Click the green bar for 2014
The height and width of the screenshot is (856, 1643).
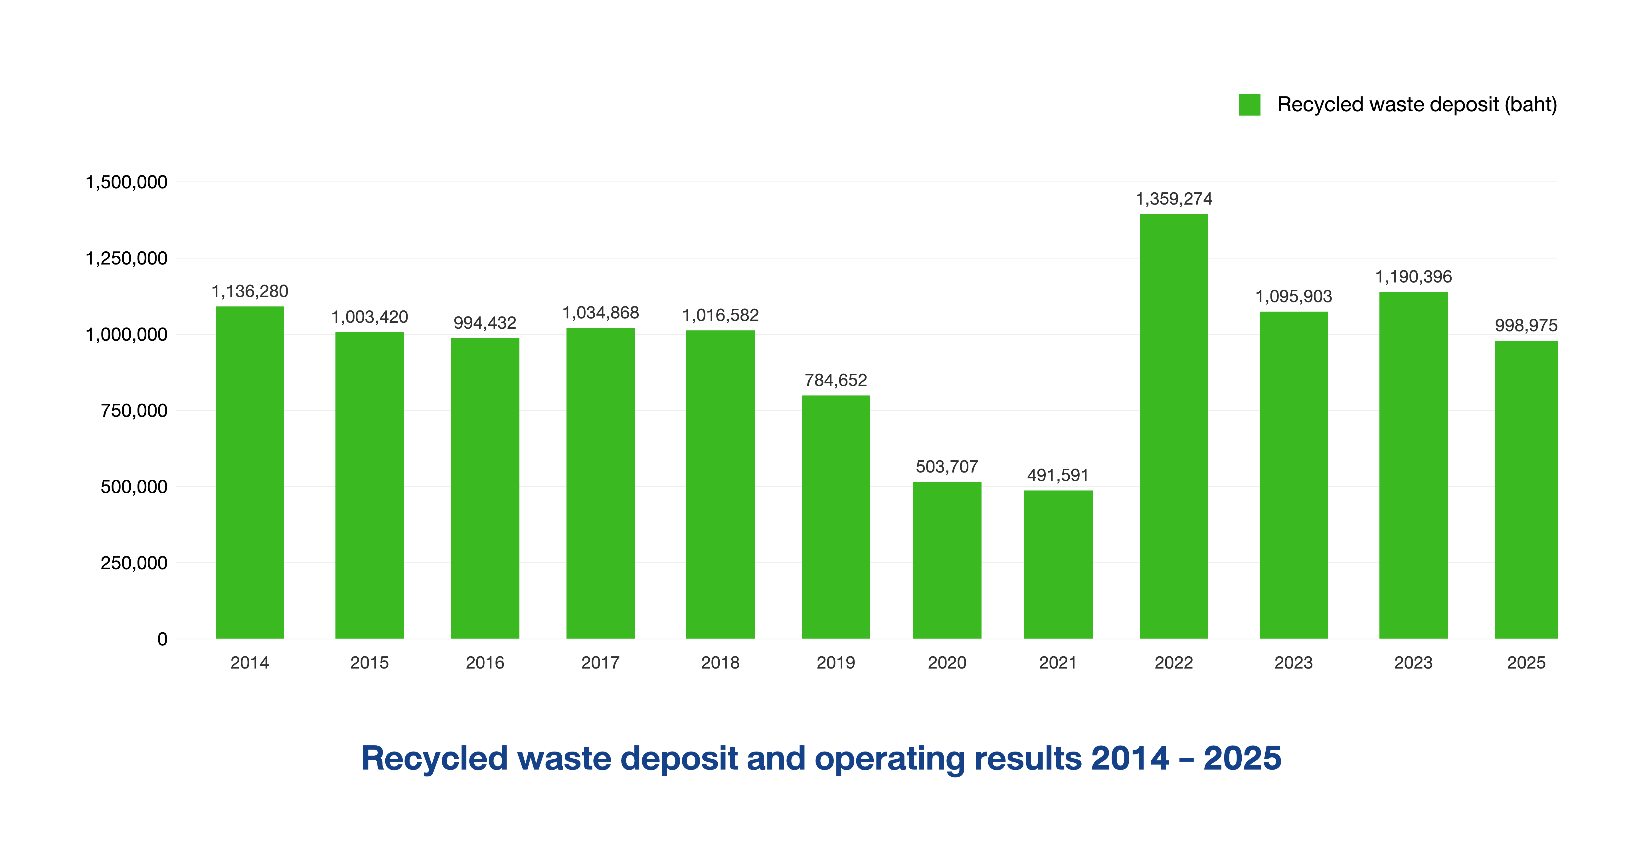pos(249,472)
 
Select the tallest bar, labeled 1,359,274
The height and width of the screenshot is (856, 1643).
pos(1173,426)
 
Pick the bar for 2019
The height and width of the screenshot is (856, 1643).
pos(835,517)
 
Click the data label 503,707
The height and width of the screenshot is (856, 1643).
pos(946,467)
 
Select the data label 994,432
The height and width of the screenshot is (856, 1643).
pos(485,323)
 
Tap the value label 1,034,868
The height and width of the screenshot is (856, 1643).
pos(600,313)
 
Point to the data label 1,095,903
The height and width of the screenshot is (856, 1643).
pos(1294,296)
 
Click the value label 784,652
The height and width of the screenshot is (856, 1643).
pos(835,381)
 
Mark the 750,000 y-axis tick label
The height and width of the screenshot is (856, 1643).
pos(134,411)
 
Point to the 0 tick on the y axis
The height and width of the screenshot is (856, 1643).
pos(162,639)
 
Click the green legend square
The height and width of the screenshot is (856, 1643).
pos(1249,105)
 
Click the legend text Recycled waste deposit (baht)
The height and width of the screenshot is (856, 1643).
pos(1417,105)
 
